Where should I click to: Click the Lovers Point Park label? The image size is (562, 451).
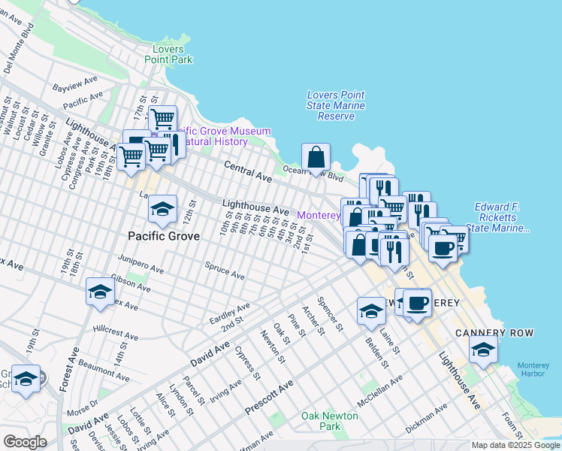tap(168, 54)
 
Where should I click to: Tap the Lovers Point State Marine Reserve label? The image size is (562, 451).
tap(336, 105)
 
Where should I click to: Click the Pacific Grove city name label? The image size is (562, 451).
tap(164, 236)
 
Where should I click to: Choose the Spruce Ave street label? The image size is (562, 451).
tap(225, 271)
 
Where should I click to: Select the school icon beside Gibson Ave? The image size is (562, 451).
tap(100, 293)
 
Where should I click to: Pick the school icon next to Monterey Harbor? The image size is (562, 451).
tap(484, 350)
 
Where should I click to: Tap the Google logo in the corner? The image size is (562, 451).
tap(25, 441)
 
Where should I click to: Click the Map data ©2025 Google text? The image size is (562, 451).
tap(514, 445)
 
